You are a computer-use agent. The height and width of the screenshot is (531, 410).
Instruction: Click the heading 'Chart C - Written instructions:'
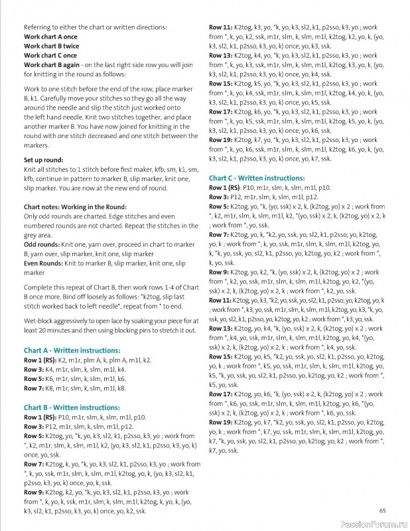point(257,179)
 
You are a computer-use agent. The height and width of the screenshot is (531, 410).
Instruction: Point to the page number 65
point(383,510)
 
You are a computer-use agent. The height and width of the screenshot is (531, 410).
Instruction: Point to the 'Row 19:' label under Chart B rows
point(222,141)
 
